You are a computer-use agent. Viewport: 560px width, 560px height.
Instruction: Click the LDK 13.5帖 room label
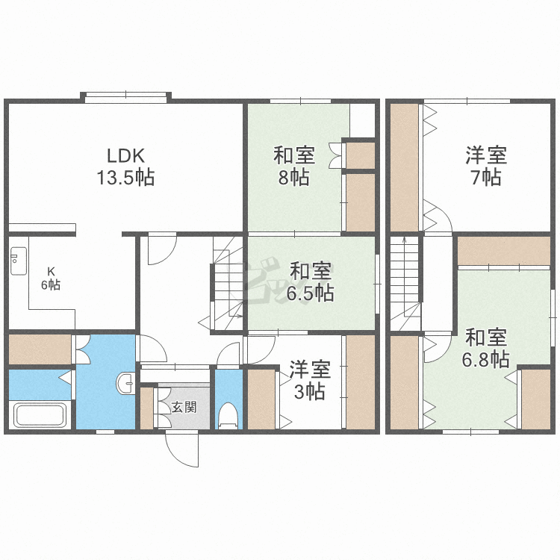(x=125, y=167)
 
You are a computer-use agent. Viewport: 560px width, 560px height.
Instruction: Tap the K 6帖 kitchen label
(x=51, y=279)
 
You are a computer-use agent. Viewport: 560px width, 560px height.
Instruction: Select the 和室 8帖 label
(x=294, y=166)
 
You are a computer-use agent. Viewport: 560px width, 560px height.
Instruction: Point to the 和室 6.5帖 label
(x=310, y=282)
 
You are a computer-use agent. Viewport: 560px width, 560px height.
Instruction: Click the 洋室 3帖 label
(x=310, y=380)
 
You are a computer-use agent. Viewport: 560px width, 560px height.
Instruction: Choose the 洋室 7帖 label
(x=486, y=166)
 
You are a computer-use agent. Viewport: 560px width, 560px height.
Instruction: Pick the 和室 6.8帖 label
(x=486, y=348)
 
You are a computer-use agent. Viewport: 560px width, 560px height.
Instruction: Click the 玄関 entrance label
(x=184, y=407)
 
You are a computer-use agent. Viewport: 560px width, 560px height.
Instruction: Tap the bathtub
(x=40, y=414)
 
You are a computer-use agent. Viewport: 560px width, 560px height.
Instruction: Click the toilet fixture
(x=228, y=415)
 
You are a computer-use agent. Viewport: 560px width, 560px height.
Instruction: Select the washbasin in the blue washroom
(x=125, y=384)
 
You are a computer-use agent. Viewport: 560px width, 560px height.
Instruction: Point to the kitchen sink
(x=19, y=261)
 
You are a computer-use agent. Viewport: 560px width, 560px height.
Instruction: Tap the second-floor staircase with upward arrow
(x=405, y=283)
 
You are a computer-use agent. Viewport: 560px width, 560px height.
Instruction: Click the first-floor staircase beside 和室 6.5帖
(x=228, y=283)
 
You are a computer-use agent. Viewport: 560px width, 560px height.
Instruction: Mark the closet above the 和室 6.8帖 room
(x=503, y=251)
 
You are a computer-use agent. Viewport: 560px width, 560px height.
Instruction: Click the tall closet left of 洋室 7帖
(x=404, y=168)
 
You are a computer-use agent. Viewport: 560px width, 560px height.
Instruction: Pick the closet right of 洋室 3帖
(x=361, y=382)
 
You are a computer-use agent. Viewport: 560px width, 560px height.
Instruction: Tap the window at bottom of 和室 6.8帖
(x=470, y=432)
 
